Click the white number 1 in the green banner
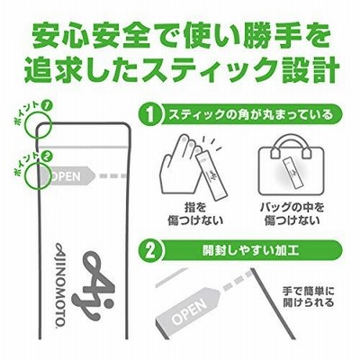[x=150, y=115]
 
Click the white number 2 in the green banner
[x=150, y=251]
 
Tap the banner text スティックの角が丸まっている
[x=250, y=115]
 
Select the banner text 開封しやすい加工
[x=250, y=251]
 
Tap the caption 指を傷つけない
[x=195, y=214]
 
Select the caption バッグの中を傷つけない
[x=292, y=214]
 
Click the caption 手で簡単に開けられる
[x=308, y=296]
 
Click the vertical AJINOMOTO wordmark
[x=59, y=283]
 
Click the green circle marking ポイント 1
[x=38, y=124]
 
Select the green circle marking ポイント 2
[x=38, y=175]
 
